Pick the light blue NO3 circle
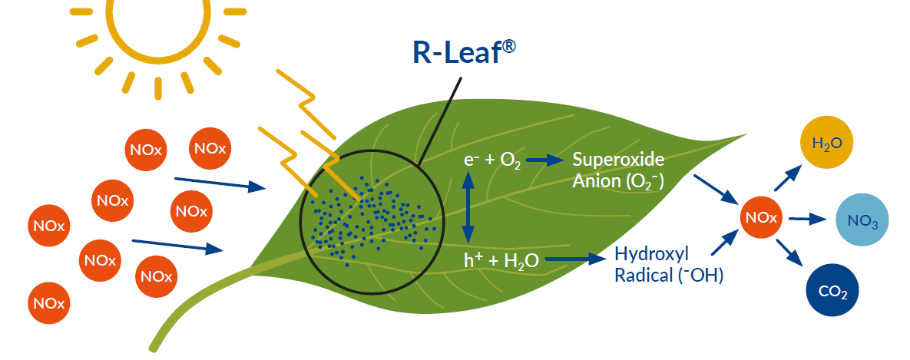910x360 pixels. [862, 220]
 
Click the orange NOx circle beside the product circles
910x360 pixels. [760, 218]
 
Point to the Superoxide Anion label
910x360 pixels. [618, 170]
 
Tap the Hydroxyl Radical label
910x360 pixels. [668, 265]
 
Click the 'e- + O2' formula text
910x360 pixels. [492, 160]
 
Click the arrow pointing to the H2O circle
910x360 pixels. [786, 180]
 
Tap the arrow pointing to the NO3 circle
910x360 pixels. [807, 219]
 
